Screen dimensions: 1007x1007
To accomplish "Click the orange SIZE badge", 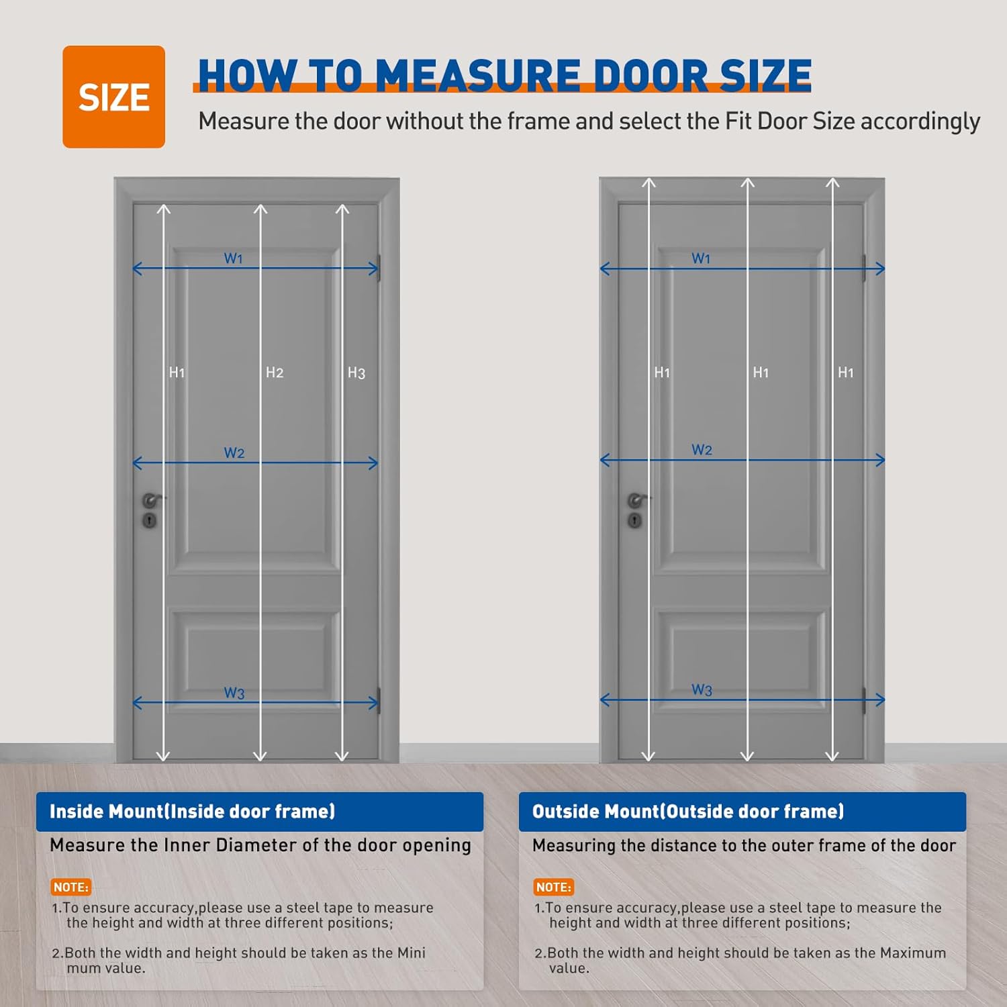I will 113,97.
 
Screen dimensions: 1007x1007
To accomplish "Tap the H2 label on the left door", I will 274,373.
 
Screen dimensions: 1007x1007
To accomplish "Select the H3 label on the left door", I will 356,373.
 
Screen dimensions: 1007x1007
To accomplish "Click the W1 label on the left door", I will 233,258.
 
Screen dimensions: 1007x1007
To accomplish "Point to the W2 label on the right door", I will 702,450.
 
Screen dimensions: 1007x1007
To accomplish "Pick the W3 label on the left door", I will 234,693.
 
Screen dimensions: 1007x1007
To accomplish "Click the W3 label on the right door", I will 702,689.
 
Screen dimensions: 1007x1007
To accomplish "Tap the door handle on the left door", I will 152,500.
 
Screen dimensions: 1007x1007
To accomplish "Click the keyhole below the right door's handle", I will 634,520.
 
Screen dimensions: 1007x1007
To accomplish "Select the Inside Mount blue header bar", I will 259,812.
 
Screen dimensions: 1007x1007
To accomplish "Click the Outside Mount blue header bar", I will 742,812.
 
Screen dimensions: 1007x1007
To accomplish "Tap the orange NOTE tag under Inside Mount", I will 70,887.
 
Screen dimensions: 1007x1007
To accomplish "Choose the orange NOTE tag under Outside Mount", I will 553,887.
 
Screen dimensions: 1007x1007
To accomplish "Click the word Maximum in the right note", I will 912,953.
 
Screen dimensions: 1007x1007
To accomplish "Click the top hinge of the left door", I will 379,268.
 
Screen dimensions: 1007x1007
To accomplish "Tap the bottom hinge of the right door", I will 864,700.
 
